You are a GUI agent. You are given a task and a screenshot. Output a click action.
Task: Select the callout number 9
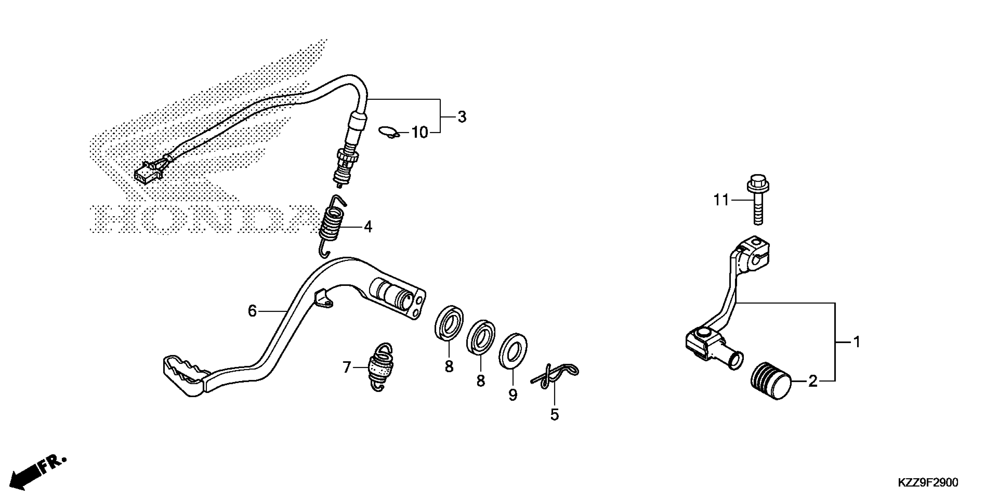pos(513,395)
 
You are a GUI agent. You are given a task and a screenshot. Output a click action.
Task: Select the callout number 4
pos(368,227)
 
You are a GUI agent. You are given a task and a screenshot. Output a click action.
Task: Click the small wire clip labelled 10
pos(388,132)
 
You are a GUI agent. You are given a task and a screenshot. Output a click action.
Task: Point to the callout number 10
pos(419,132)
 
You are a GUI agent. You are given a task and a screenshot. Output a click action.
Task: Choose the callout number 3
pos(461,117)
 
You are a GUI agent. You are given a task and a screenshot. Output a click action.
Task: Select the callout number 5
pos(554,414)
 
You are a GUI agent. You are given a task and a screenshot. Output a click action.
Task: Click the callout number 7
pos(346,367)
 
